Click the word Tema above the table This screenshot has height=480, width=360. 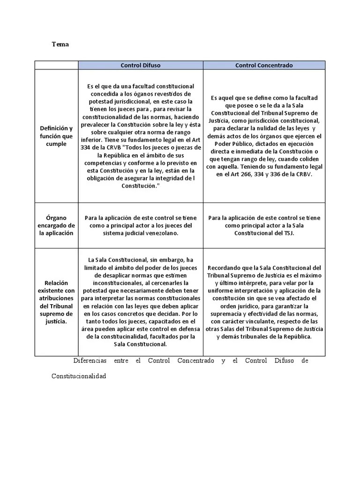tap(60, 44)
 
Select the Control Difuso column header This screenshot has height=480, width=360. tap(140, 65)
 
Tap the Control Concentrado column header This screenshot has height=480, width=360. tap(264, 65)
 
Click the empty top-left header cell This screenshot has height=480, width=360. tap(56, 65)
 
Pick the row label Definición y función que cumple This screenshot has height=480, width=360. tap(56, 136)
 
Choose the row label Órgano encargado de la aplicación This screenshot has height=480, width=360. tap(56, 225)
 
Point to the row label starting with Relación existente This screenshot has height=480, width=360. tap(56, 302)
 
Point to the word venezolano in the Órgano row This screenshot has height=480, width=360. tap(162, 233)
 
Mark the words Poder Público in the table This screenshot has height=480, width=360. tap(232, 143)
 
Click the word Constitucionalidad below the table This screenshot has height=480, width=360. tap(79, 376)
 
